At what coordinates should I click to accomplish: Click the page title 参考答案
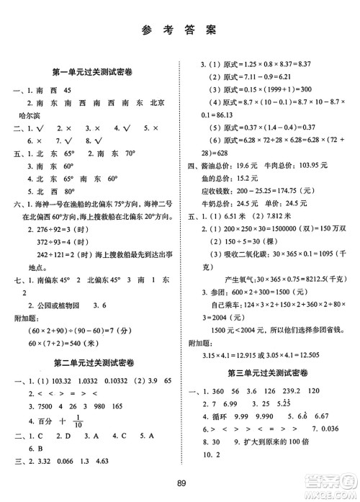179,30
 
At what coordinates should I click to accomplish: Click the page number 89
179,483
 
